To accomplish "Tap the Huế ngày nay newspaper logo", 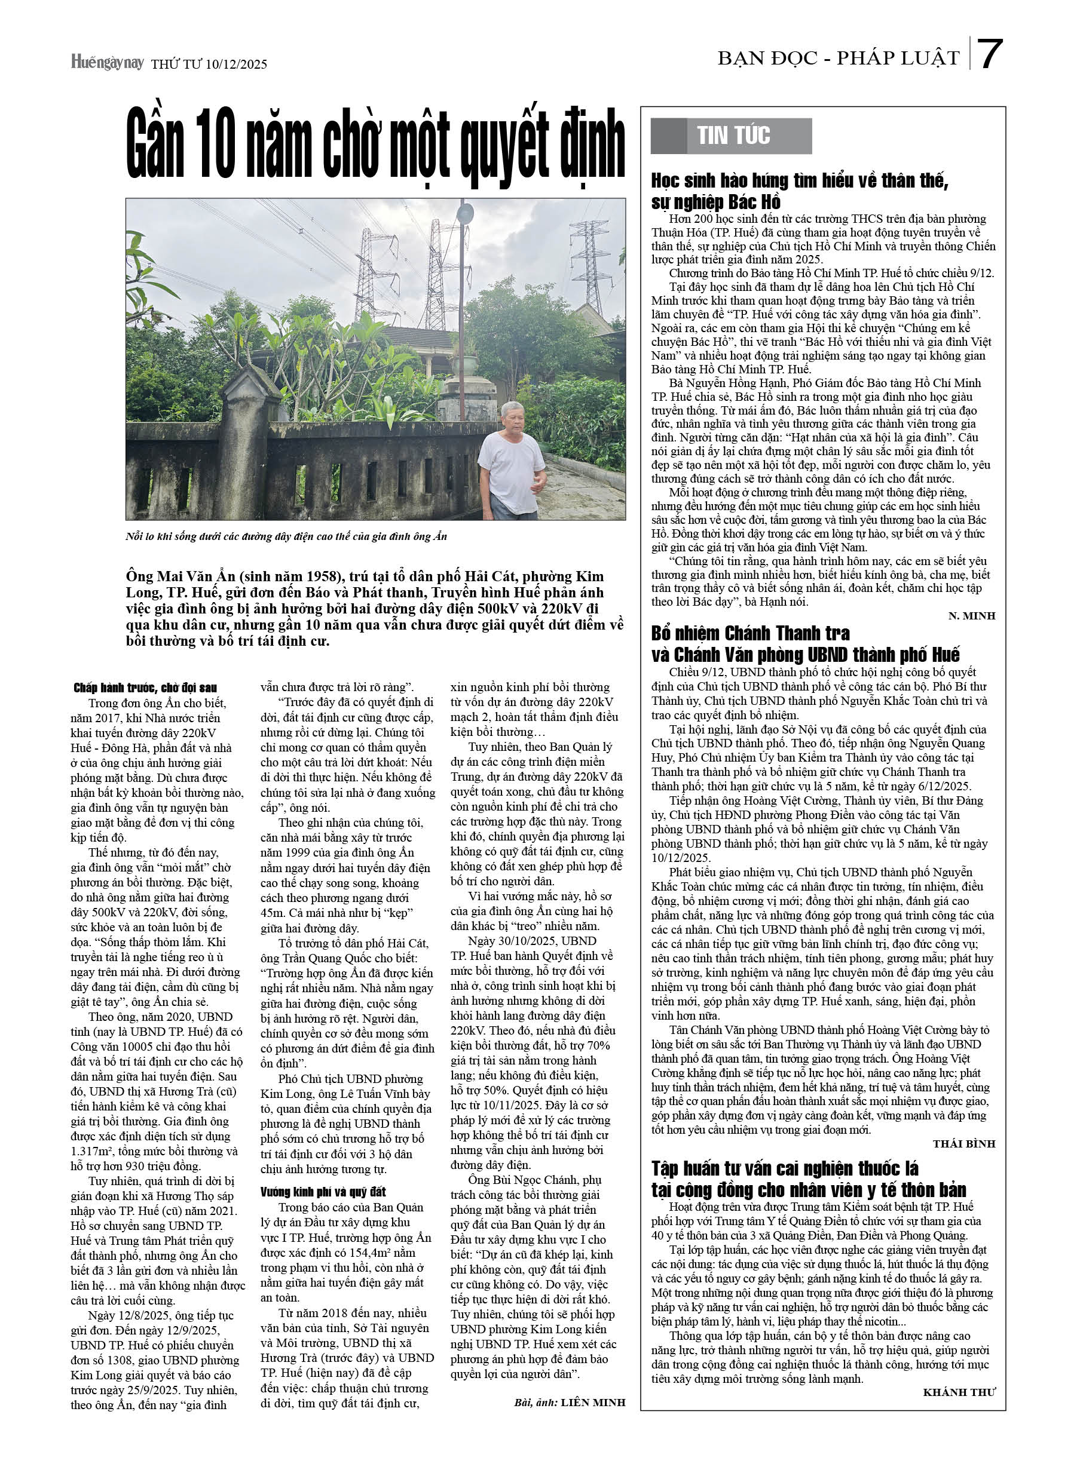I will point(107,62).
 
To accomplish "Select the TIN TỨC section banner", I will point(732,136).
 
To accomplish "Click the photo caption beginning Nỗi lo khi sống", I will point(286,536).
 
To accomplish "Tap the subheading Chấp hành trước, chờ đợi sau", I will point(145,688).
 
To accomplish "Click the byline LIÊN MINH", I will point(592,1403).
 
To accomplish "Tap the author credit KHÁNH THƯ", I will point(959,1392).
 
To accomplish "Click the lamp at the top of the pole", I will point(465,213).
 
